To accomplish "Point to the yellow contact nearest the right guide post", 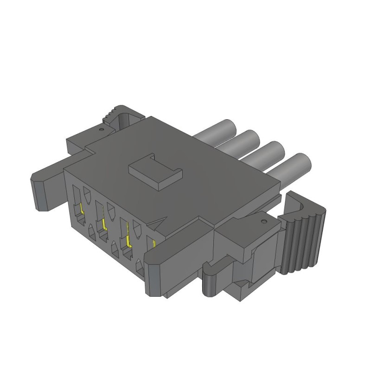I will (154, 243).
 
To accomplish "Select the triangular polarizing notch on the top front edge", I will (160, 224).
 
